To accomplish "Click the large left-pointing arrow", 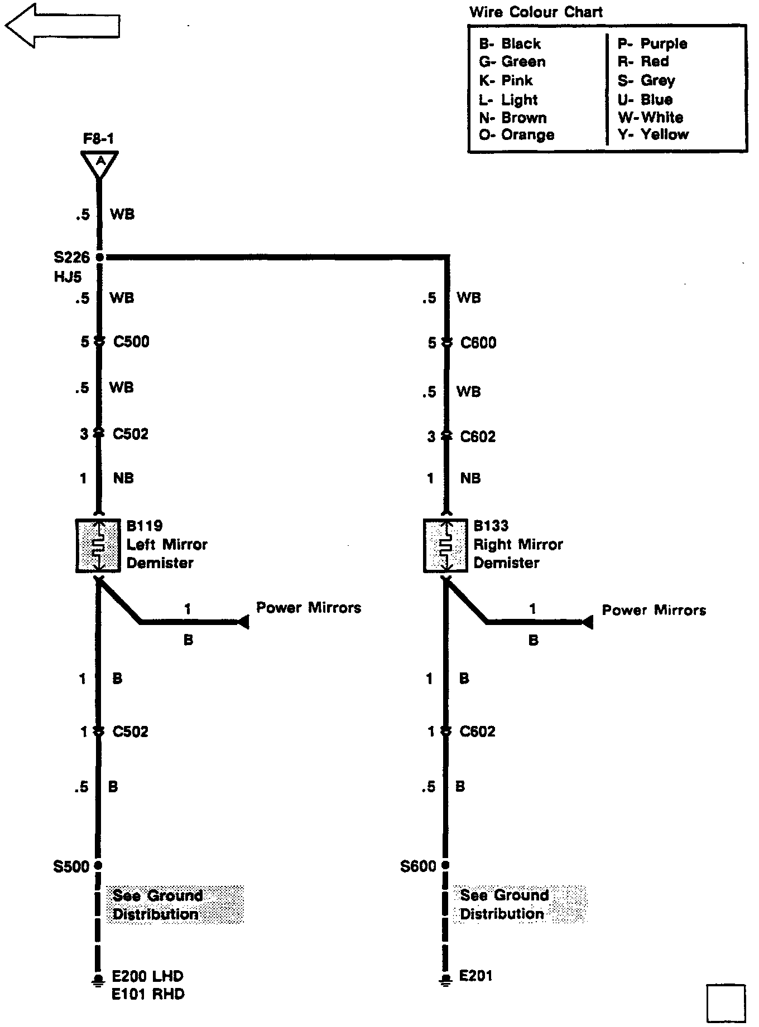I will pos(61,25).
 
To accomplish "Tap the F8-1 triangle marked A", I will pos(99,163).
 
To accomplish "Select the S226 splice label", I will pos(71,257).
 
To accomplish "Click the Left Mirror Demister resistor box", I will pos(98,545).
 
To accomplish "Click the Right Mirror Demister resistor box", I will pos(445,545).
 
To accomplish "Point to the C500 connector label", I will pos(131,341).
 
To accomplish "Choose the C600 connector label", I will pos(478,342).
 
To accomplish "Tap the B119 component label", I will pos(145,526).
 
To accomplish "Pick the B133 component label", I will pos(491,526).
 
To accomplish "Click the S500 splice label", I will pos(71,866).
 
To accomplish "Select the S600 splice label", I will pos(418,866).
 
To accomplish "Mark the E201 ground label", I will pos(476,976).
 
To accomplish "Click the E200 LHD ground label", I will pos(148,976).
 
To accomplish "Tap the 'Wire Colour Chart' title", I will pos(536,12).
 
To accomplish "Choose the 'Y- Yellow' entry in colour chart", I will pos(653,134).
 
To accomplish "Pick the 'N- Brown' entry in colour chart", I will pos(513,118).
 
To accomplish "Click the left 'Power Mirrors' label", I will pos(309,607).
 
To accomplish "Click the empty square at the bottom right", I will pos(726,1004).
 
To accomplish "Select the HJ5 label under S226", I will pos(68,277).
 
